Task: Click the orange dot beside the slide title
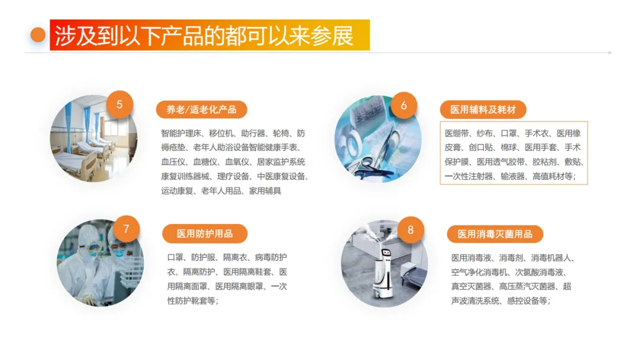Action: tap(38, 35)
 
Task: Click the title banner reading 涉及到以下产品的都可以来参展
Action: tap(209, 35)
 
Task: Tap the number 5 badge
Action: tap(120, 104)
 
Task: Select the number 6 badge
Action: tap(404, 105)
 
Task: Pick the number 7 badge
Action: tap(127, 229)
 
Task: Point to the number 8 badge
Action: tap(411, 230)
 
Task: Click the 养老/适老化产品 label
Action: tap(201, 110)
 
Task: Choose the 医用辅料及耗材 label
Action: tap(483, 110)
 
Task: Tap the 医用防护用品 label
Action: tap(205, 234)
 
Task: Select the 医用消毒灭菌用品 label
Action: tap(495, 234)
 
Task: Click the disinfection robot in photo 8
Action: tap(383, 271)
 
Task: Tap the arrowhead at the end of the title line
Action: tap(610, 53)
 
